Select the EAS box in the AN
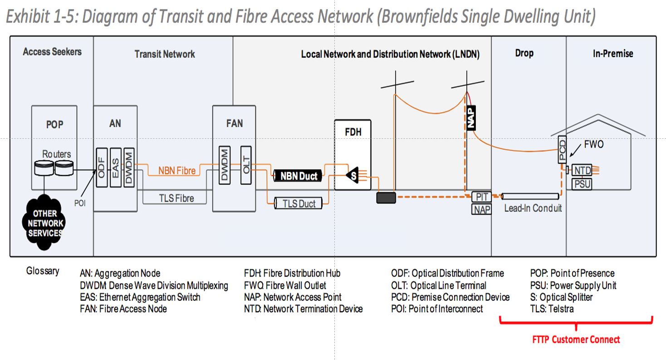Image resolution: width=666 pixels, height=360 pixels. point(115,166)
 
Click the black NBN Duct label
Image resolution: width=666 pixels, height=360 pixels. point(298,176)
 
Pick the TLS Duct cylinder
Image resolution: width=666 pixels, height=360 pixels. point(299,204)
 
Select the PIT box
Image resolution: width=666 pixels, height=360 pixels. point(481,197)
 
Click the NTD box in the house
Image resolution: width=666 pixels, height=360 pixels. point(581,170)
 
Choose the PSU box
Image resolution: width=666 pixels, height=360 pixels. point(581,184)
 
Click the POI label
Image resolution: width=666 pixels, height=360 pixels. point(80,204)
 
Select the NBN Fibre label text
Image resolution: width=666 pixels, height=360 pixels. point(177,171)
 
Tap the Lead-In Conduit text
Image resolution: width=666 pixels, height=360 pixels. point(533,209)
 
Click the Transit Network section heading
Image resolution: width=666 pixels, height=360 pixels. point(165,54)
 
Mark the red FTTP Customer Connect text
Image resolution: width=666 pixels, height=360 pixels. point(576,339)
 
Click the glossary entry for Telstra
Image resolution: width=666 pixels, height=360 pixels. point(552,309)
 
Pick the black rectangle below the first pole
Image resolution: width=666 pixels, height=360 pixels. point(386,197)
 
